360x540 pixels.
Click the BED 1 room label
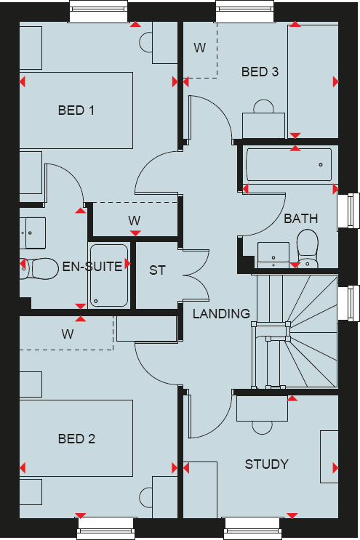pyautogui.click(x=76, y=110)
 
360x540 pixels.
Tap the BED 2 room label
pyautogui.click(x=76, y=439)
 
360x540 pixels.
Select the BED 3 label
pyautogui.click(x=260, y=72)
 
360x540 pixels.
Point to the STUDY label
pyautogui.click(x=266, y=464)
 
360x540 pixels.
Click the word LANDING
pyautogui.click(x=221, y=314)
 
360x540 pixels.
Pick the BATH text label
pyautogui.click(x=300, y=218)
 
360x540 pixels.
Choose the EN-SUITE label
pyautogui.click(x=92, y=267)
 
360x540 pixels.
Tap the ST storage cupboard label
pyautogui.click(x=157, y=270)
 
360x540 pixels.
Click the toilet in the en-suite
pyautogui.click(x=40, y=269)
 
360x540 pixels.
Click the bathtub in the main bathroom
pyautogui.click(x=288, y=166)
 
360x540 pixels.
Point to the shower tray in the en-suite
pyautogui.click(x=109, y=276)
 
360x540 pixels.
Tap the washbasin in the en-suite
pyautogui.click(x=33, y=230)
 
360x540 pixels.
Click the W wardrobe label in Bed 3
pyautogui.click(x=199, y=48)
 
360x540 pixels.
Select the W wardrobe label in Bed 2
pyautogui.click(x=67, y=334)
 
